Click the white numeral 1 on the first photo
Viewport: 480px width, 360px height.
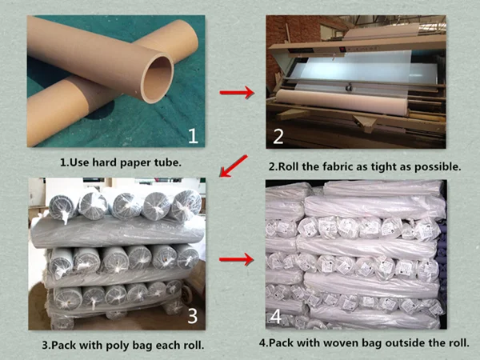click(193, 136)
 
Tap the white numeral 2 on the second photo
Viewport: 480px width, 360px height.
click(278, 137)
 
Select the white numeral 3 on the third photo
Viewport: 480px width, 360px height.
click(192, 316)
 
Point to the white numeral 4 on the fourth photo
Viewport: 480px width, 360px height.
click(276, 317)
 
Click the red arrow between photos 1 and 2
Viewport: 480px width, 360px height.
click(237, 92)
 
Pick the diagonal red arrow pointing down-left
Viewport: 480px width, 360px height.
click(234, 166)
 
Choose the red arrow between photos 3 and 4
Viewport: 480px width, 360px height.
click(236, 259)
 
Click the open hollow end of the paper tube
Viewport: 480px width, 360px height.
click(158, 79)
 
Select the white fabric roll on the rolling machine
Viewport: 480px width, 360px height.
click(342, 102)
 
